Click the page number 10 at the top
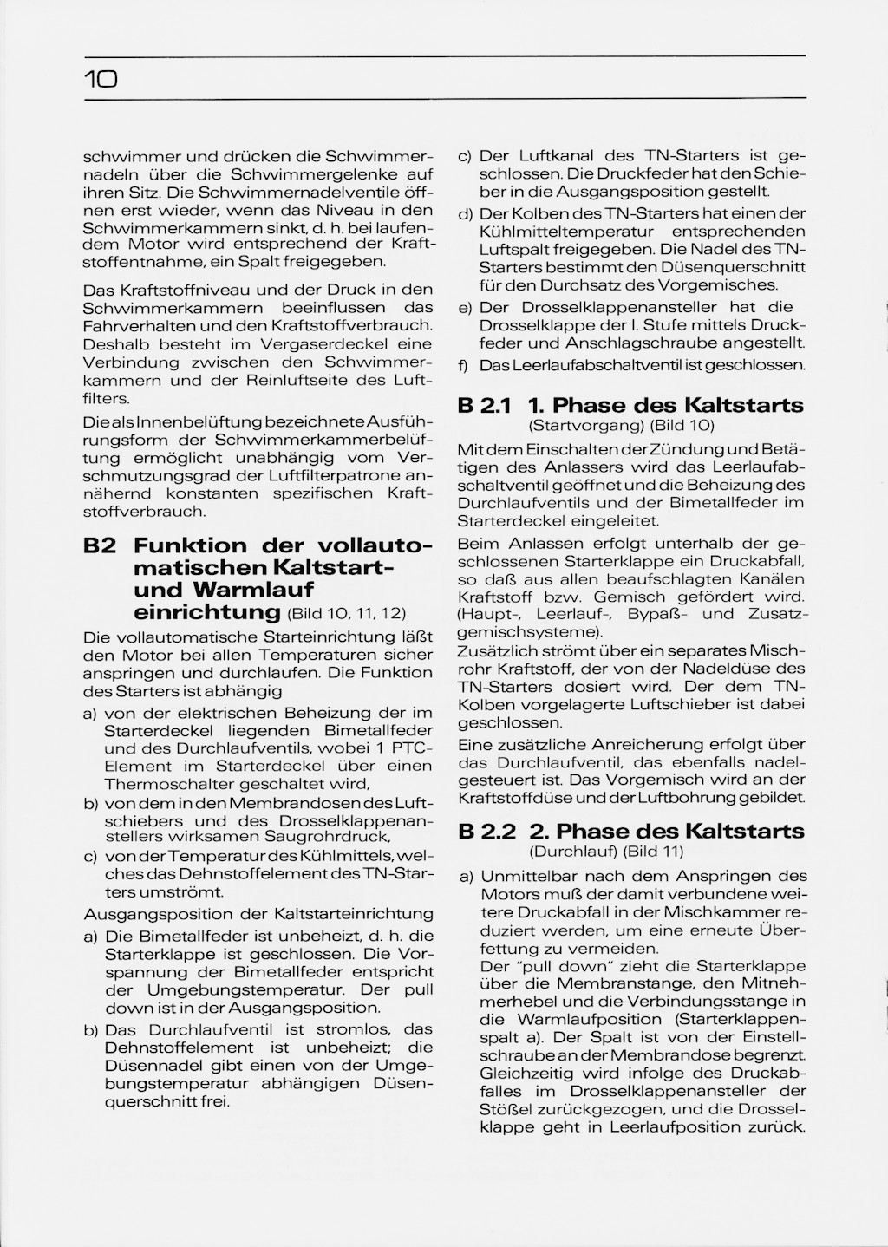pyautogui.click(x=101, y=81)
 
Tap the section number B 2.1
pyautogui.click(x=486, y=406)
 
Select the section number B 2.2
pyautogui.click(x=486, y=831)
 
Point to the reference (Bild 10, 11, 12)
pyautogui.click(x=346, y=614)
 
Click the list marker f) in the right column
pyautogui.click(x=464, y=366)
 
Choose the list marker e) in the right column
pyautogui.click(x=465, y=308)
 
